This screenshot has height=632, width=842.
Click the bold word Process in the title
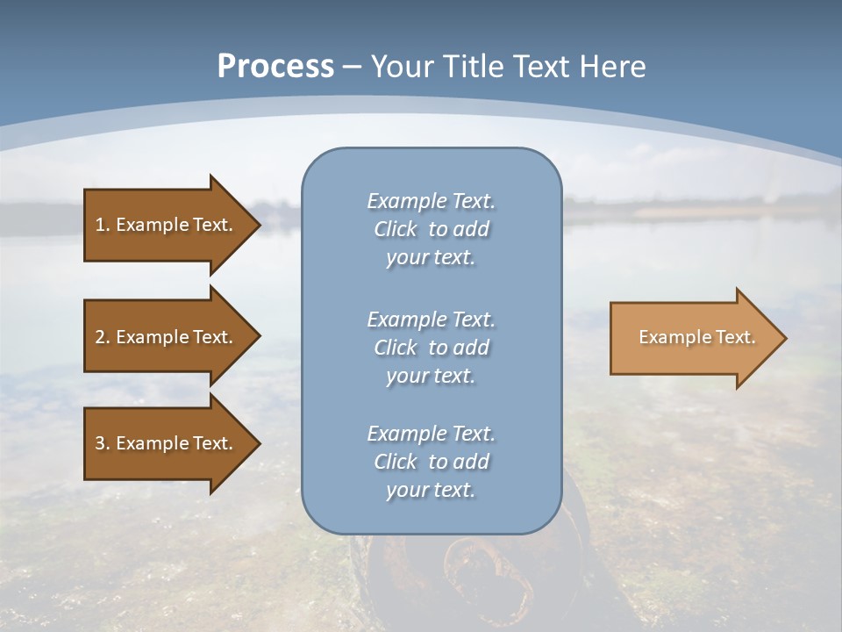[275, 67]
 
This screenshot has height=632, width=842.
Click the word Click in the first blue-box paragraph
[396, 229]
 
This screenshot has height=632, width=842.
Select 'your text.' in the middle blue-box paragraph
[431, 376]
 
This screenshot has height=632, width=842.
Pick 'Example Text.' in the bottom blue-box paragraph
[431, 434]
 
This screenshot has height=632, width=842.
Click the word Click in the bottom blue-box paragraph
[396, 462]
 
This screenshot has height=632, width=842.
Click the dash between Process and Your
[353, 67]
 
